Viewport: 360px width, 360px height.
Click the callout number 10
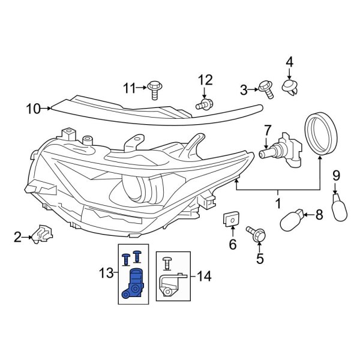coord(34,109)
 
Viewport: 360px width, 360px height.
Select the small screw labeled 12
coord(205,104)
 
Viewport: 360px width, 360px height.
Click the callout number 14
coord(203,276)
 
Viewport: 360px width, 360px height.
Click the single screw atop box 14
coord(167,260)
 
